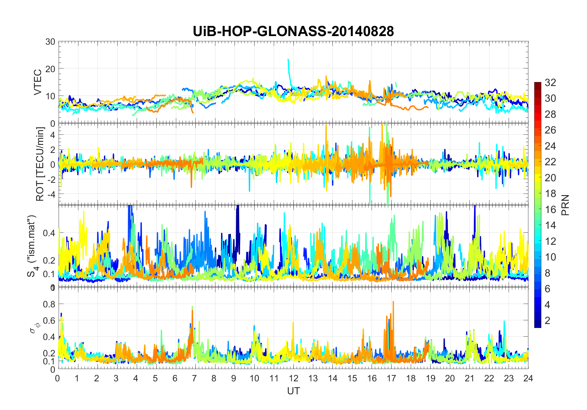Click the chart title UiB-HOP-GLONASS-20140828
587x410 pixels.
pos(293,31)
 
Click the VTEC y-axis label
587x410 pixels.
pos(38,82)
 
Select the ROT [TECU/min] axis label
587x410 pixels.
pos(40,164)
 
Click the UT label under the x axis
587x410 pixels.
pos(293,391)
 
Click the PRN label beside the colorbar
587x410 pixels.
pos(565,205)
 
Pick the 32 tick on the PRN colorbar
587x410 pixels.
pos(550,82)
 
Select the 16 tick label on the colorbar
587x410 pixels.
pos(550,210)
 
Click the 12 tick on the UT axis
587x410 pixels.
pos(293,378)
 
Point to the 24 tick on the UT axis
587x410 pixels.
pos(528,378)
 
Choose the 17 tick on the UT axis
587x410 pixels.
pos(391,378)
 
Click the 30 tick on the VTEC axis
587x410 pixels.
pos(50,42)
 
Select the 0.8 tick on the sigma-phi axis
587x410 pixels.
pos(49,304)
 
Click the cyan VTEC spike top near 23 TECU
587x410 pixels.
pos(288,60)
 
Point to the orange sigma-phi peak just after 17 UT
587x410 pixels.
pos(393,302)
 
